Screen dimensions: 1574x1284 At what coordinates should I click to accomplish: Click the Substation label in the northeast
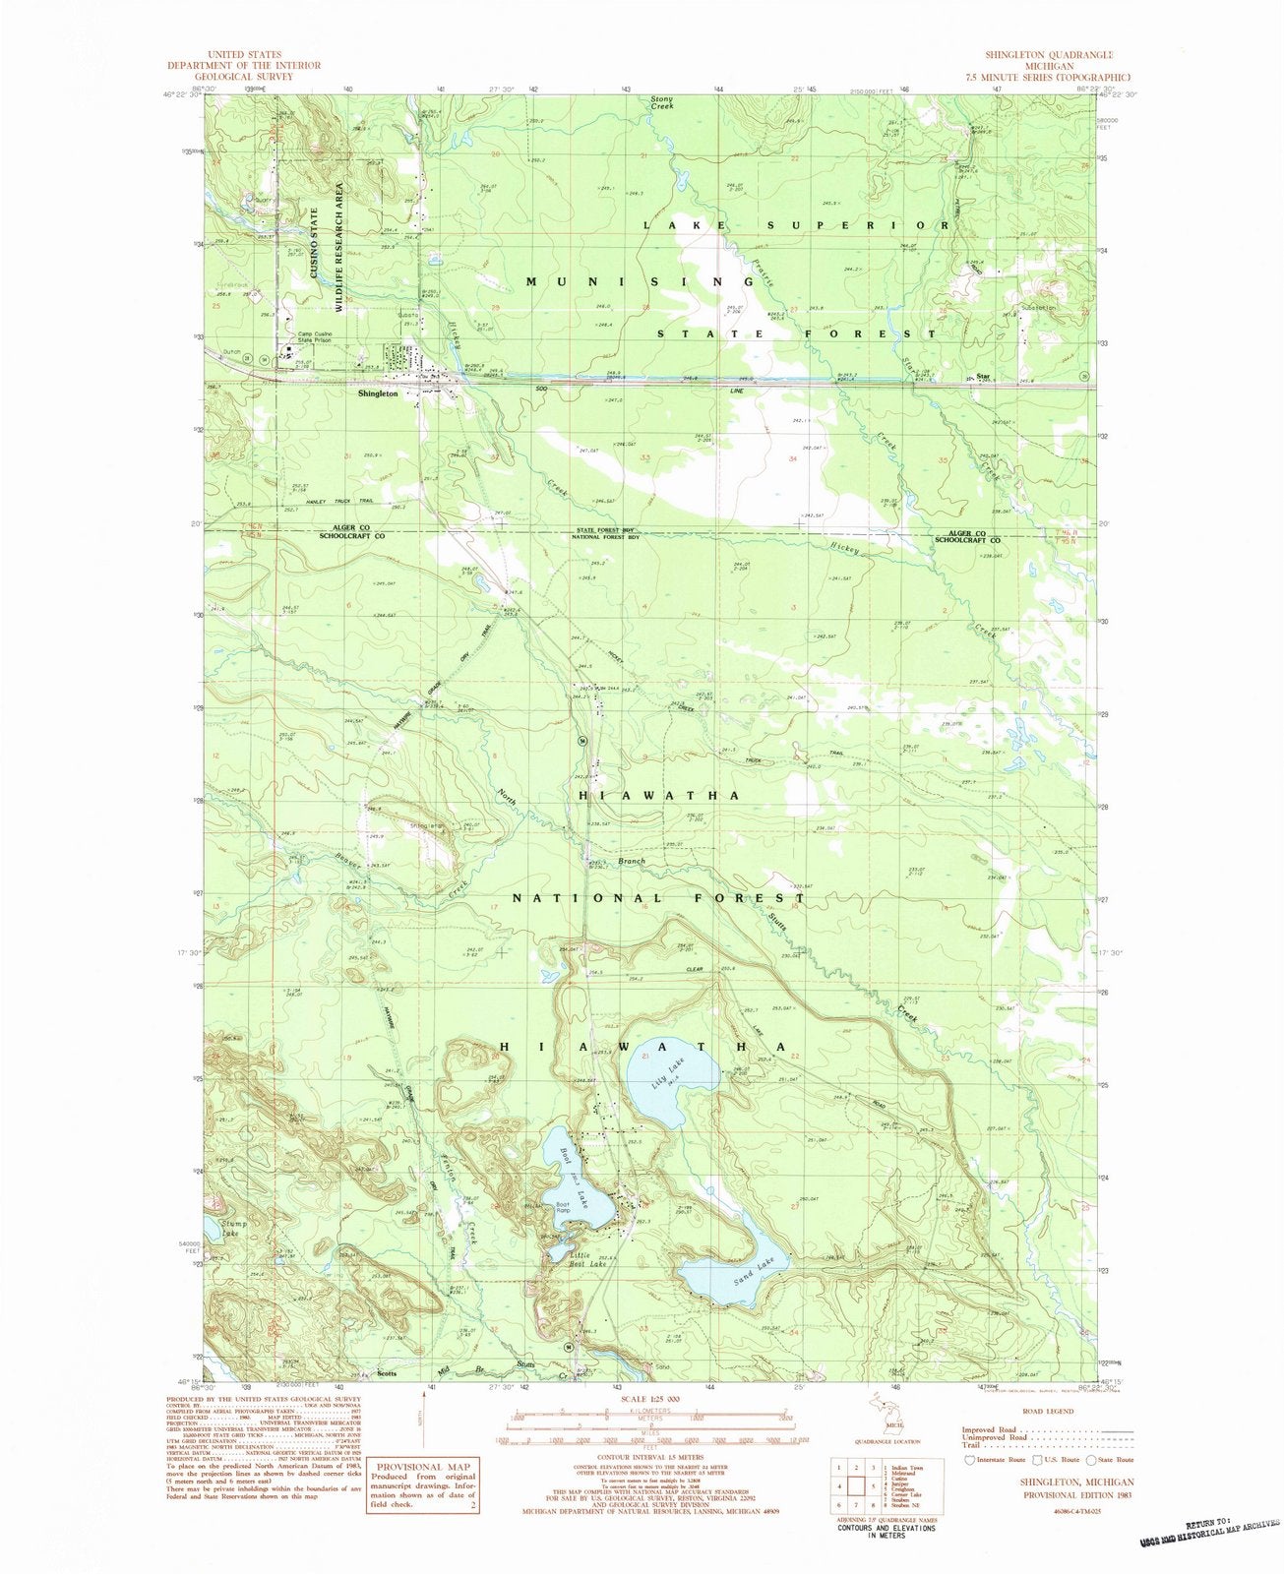coord(1039,307)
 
